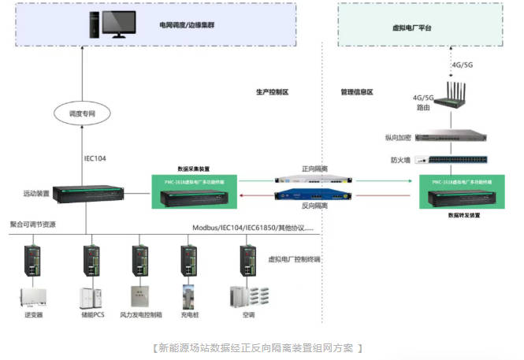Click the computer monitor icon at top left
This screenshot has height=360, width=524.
[110, 24]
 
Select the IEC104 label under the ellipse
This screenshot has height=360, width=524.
[95, 158]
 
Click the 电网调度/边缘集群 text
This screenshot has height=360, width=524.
[188, 24]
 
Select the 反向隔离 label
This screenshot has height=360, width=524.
[315, 206]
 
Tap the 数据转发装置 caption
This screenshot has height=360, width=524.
[457, 214]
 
